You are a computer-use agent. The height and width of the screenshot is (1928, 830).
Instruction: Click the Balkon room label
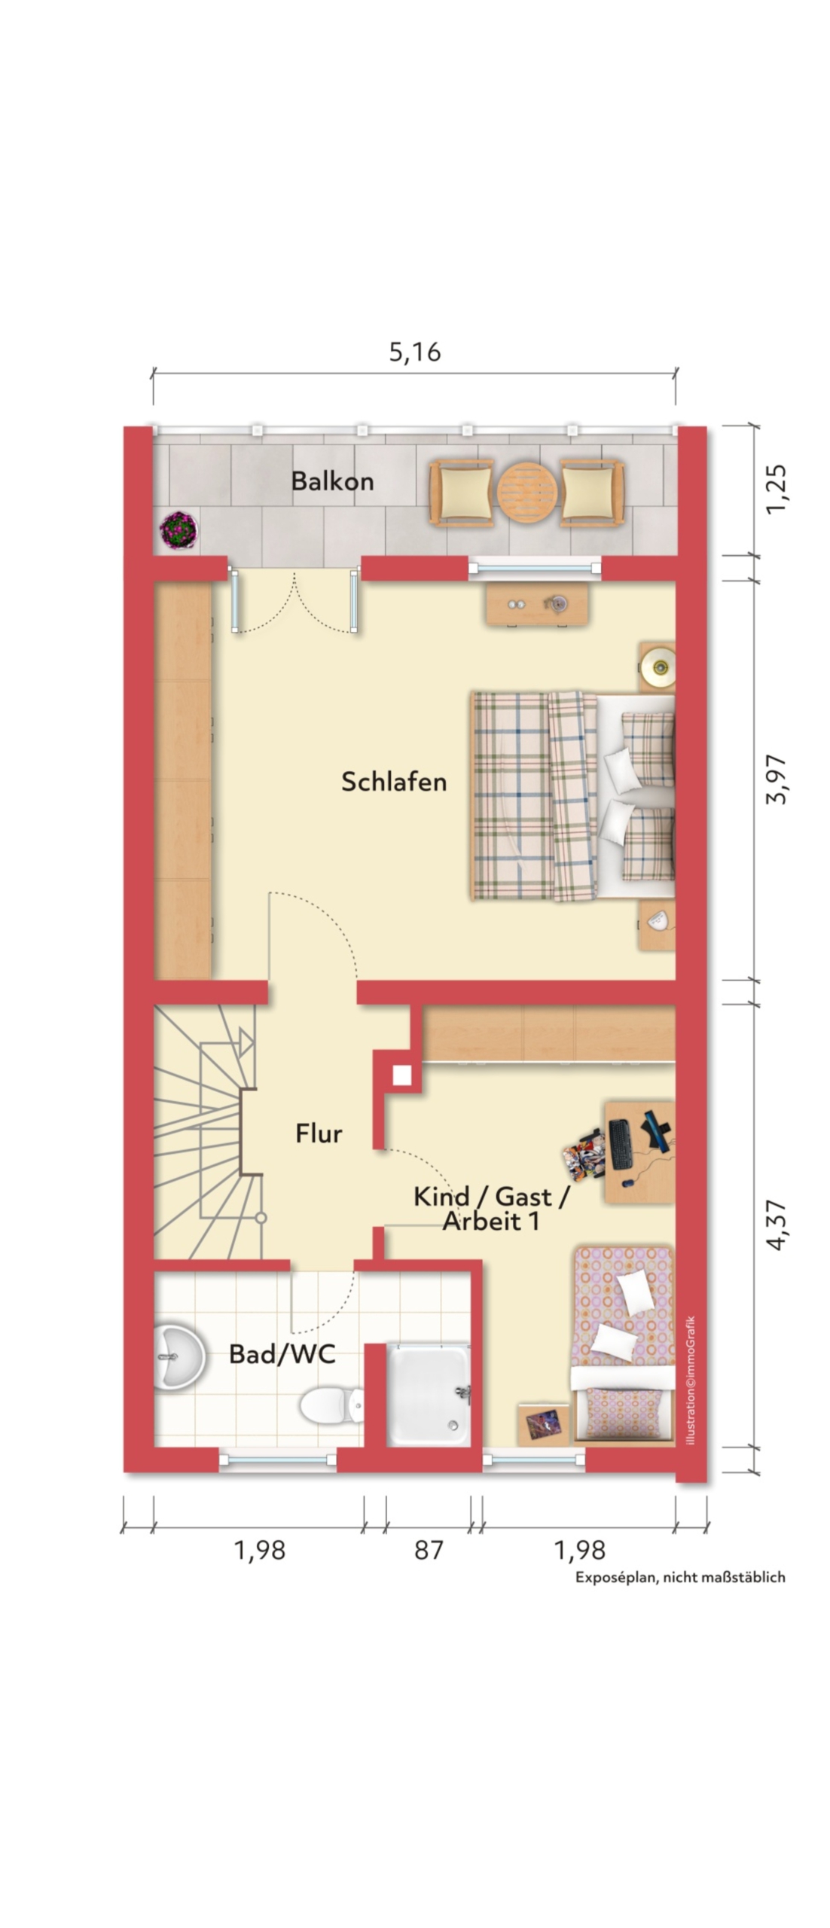click(x=332, y=481)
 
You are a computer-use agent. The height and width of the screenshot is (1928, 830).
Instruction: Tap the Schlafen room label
click(x=394, y=781)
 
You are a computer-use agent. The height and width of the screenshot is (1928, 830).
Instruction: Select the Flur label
click(x=319, y=1133)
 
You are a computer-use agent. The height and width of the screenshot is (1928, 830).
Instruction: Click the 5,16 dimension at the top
click(x=414, y=352)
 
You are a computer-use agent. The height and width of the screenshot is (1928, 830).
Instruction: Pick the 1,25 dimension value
click(x=776, y=490)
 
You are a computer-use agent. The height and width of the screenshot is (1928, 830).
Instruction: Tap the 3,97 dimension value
click(x=776, y=779)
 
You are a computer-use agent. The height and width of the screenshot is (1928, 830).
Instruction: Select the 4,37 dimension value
click(x=776, y=1225)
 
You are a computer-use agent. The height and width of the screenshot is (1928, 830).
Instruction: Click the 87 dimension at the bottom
click(x=429, y=1549)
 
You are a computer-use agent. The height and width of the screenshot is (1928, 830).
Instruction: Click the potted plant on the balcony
click(x=179, y=529)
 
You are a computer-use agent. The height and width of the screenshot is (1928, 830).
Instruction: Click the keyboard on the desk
click(x=621, y=1144)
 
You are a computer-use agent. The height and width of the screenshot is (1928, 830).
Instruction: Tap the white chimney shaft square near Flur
click(x=402, y=1075)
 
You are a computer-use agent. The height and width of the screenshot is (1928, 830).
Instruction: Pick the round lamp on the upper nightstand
click(x=659, y=665)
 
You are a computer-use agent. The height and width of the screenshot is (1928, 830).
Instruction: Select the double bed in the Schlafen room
click(x=573, y=795)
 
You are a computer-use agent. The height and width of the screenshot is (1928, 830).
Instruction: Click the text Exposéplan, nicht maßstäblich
click(x=680, y=1576)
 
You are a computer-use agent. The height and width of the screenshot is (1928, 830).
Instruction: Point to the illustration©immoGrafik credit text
click(x=691, y=1380)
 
